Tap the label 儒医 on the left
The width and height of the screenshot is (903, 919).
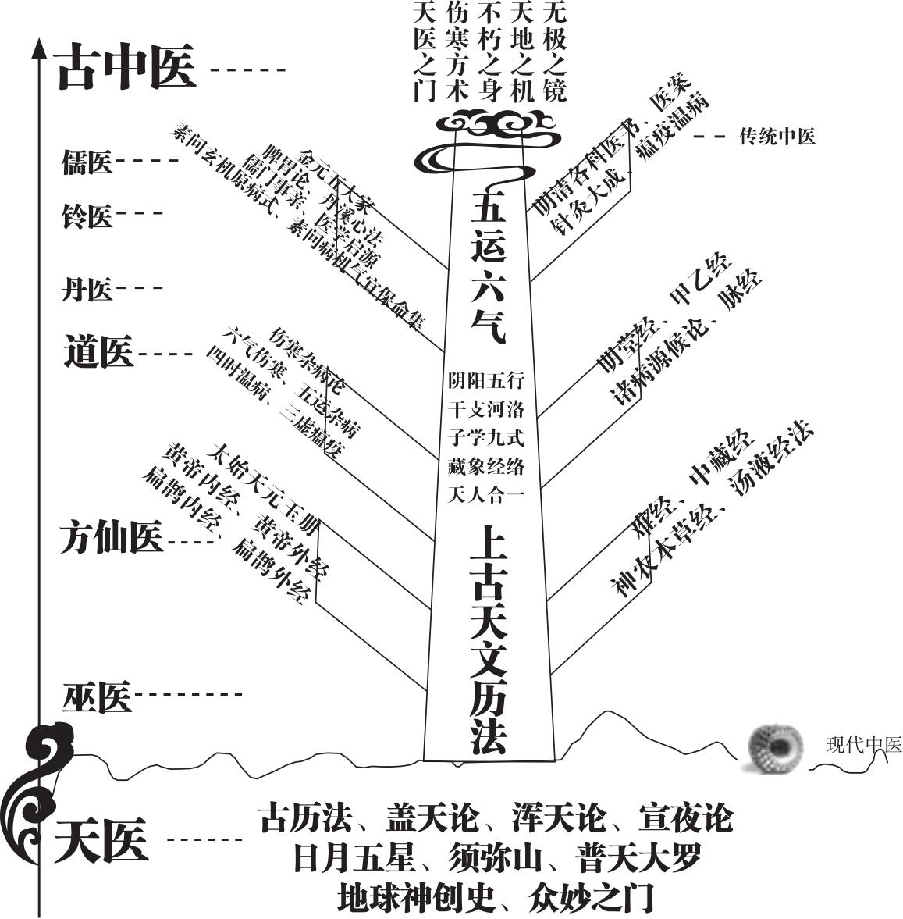coord(87,163)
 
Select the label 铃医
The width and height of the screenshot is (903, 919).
coord(87,216)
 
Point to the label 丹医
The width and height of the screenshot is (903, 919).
coord(87,290)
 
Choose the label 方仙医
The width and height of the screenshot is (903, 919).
coord(111,539)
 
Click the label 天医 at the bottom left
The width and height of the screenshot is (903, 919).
coord(101,841)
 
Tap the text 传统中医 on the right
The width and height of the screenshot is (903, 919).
coord(777,137)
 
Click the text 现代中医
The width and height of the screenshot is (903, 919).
coord(863,745)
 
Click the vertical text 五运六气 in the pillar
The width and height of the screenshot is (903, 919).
coord(489,265)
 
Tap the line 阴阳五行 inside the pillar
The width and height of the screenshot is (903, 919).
coord(485,381)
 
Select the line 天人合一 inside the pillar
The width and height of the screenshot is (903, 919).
coord(485,495)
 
